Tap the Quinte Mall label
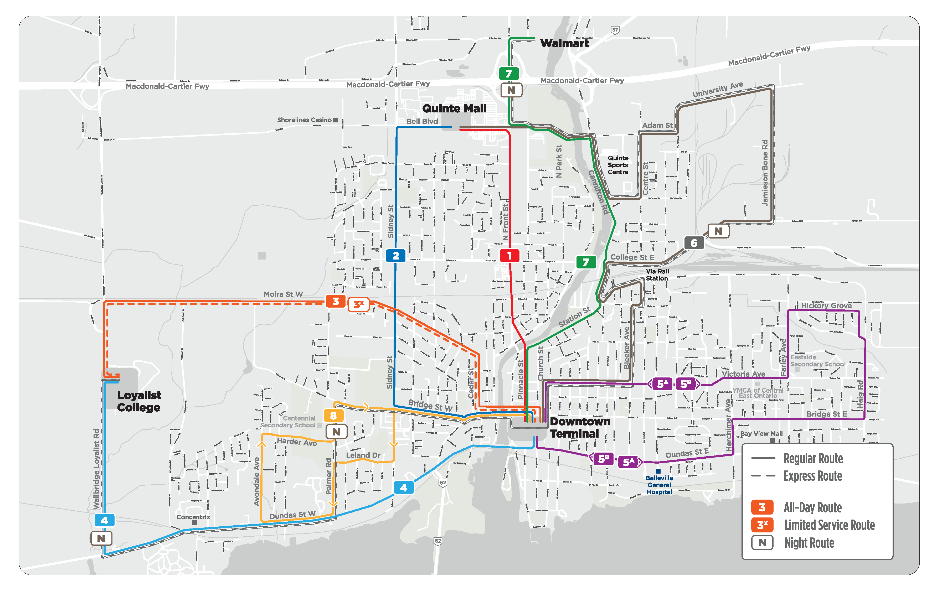[x=454, y=108]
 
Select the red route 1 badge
[x=509, y=256]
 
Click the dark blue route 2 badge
[x=395, y=256]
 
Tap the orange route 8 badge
[x=333, y=416]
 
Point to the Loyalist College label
[x=139, y=401]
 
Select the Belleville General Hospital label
[x=659, y=485]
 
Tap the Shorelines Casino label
[x=304, y=120]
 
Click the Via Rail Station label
[x=657, y=275]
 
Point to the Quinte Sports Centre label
[x=618, y=165]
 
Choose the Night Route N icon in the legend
[x=762, y=542]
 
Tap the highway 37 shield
[x=615, y=30]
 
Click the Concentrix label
[x=193, y=517]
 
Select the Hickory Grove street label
[x=826, y=305]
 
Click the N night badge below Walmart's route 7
[x=511, y=90]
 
